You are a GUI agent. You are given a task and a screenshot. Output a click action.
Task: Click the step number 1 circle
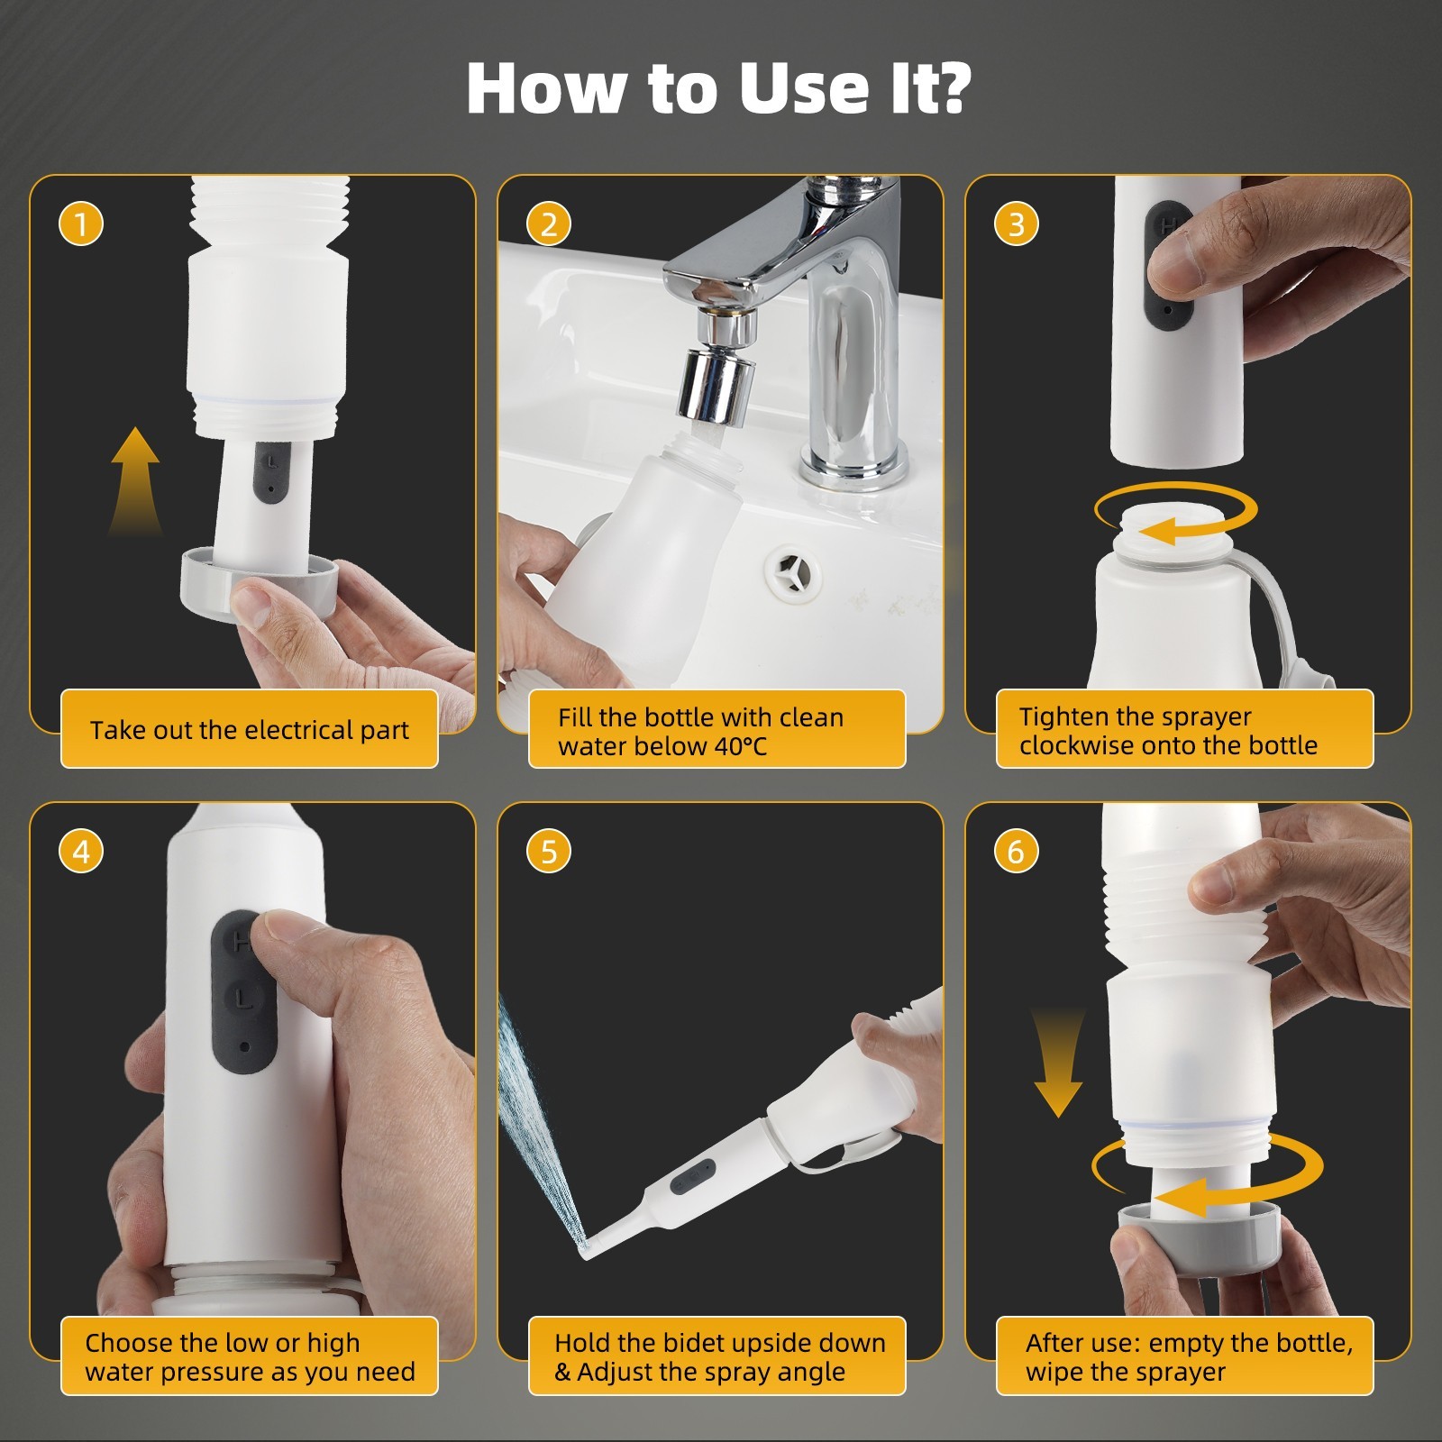81,224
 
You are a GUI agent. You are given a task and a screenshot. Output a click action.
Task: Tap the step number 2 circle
549,224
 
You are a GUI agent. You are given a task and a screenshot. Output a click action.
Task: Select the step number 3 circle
1017,224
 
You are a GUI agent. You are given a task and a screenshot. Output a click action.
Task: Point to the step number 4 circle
81,851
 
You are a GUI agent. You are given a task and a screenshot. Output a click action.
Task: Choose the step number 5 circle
549,851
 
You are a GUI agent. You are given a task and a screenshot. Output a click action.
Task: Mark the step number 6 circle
1017,851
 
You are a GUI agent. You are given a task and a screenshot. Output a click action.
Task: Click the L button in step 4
239,996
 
